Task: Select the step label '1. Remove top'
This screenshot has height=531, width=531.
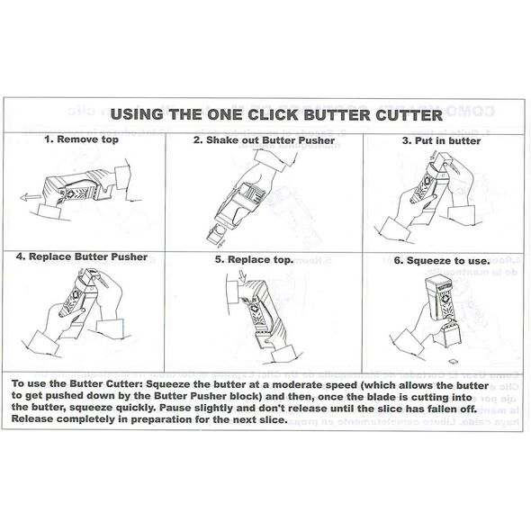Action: tap(81, 139)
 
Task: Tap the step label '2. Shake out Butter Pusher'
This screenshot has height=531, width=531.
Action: tap(264, 140)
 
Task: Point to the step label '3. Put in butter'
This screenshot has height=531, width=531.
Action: tap(441, 141)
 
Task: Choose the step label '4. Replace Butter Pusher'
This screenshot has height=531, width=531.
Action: tap(82, 256)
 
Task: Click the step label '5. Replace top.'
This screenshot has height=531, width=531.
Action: tap(254, 260)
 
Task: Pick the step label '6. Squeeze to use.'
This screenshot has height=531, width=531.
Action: tap(442, 261)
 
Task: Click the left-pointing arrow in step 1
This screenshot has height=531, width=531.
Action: tap(31, 197)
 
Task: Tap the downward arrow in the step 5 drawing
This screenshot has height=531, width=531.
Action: tap(243, 276)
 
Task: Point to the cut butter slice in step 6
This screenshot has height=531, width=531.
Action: tap(453, 362)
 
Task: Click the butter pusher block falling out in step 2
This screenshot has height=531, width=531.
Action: tap(217, 234)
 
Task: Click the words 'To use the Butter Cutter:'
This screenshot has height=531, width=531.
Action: tap(77, 384)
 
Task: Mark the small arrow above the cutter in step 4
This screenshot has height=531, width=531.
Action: tap(81, 272)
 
